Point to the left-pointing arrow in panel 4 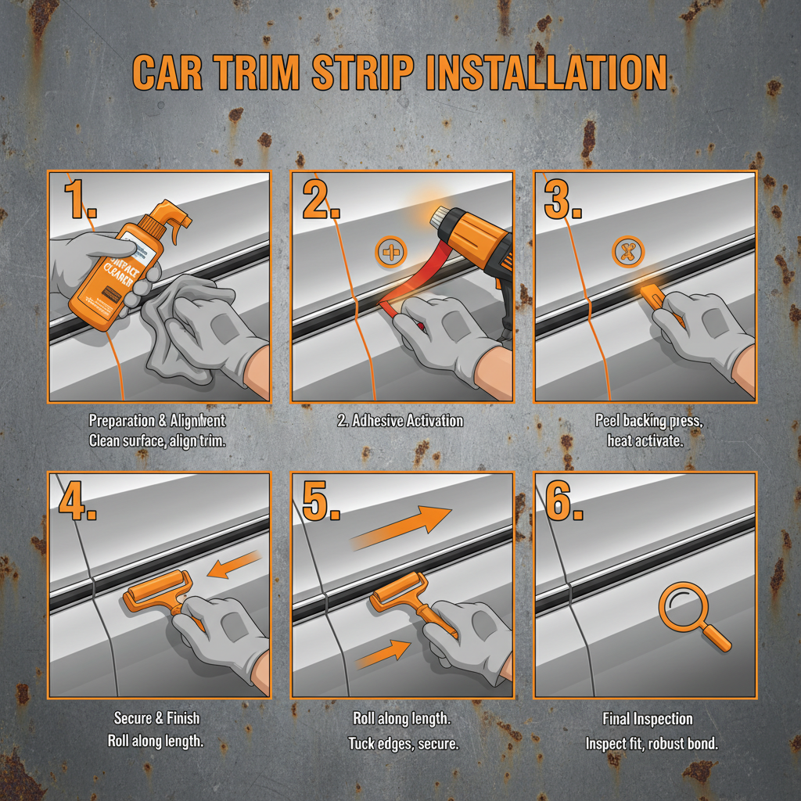tap(234, 566)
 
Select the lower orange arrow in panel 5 tap(383, 653)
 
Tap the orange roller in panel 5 tap(399, 598)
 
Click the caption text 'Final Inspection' tap(648, 719)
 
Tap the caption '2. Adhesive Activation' tap(400, 421)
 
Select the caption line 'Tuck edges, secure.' tap(403, 742)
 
